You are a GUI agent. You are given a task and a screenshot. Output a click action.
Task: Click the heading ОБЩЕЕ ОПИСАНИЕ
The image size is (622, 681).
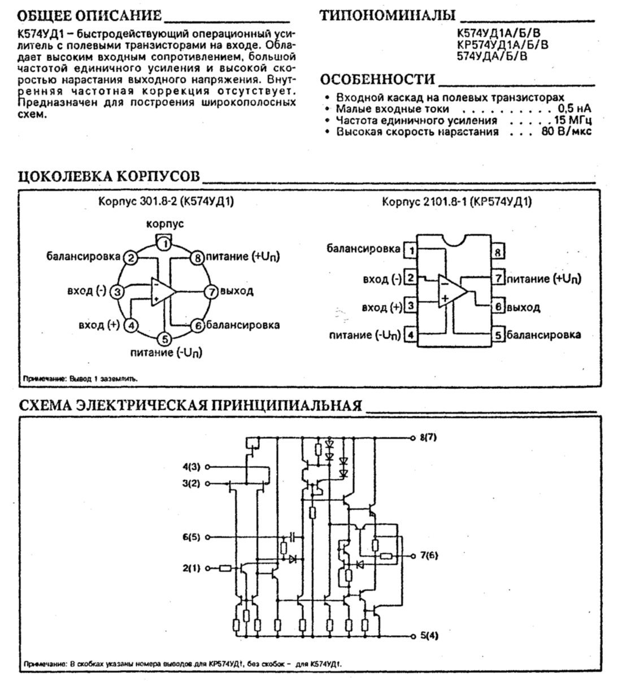tap(90, 15)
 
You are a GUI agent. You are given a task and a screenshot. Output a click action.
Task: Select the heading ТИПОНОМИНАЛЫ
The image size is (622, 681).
tap(387, 15)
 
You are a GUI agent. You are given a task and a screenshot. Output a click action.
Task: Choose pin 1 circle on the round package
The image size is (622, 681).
tap(164, 244)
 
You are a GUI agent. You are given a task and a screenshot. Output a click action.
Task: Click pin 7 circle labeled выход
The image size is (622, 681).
tap(211, 292)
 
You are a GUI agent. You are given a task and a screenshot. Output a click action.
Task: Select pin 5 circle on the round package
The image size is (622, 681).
tap(164, 339)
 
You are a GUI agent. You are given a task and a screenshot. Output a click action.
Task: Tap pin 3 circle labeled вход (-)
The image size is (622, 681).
tap(117, 292)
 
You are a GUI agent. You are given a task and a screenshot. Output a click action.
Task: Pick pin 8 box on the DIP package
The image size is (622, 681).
tap(498, 252)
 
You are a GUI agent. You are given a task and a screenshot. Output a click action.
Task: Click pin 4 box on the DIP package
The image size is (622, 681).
tap(411, 335)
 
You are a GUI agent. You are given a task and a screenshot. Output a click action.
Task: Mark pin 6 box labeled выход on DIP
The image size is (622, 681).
tap(498, 307)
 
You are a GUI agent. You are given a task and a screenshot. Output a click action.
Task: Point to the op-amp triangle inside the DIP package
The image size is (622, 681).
tap(451, 292)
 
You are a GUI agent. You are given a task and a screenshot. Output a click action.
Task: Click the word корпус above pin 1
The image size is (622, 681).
tap(165, 223)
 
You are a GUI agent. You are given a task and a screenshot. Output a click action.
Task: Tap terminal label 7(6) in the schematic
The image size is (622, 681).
tap(429, 555)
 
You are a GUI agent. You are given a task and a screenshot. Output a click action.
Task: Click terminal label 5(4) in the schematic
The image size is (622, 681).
tap(429, 635)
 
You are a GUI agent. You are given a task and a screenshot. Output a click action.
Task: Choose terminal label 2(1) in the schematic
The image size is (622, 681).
tap(192, 568)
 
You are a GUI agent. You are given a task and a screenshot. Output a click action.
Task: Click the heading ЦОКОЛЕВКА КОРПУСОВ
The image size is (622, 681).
tap(109, 176)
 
